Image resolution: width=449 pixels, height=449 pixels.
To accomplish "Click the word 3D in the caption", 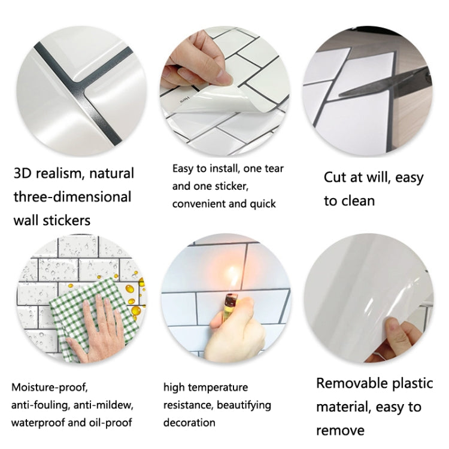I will [25, 174].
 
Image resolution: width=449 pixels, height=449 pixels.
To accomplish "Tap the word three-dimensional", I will [72, 197].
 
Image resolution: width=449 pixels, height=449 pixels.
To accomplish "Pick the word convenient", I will [199, 204].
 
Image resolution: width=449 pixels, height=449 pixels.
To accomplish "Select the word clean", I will [358, 201].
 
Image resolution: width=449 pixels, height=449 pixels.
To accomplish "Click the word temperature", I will [219, 388].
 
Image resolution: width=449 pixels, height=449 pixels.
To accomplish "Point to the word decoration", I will [189, 423].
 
